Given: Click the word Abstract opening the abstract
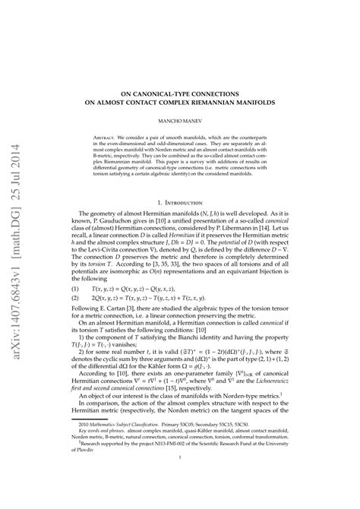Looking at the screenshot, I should point(118,139).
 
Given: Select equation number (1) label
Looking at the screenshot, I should point(77,289).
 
